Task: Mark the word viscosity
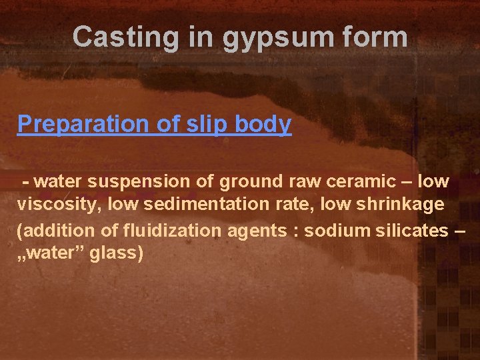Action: (x=55, y=204)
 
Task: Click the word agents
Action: (x=252, y=231)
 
